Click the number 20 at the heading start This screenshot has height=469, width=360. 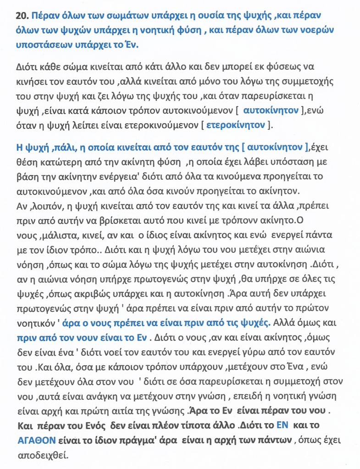(x=22, y=16)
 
